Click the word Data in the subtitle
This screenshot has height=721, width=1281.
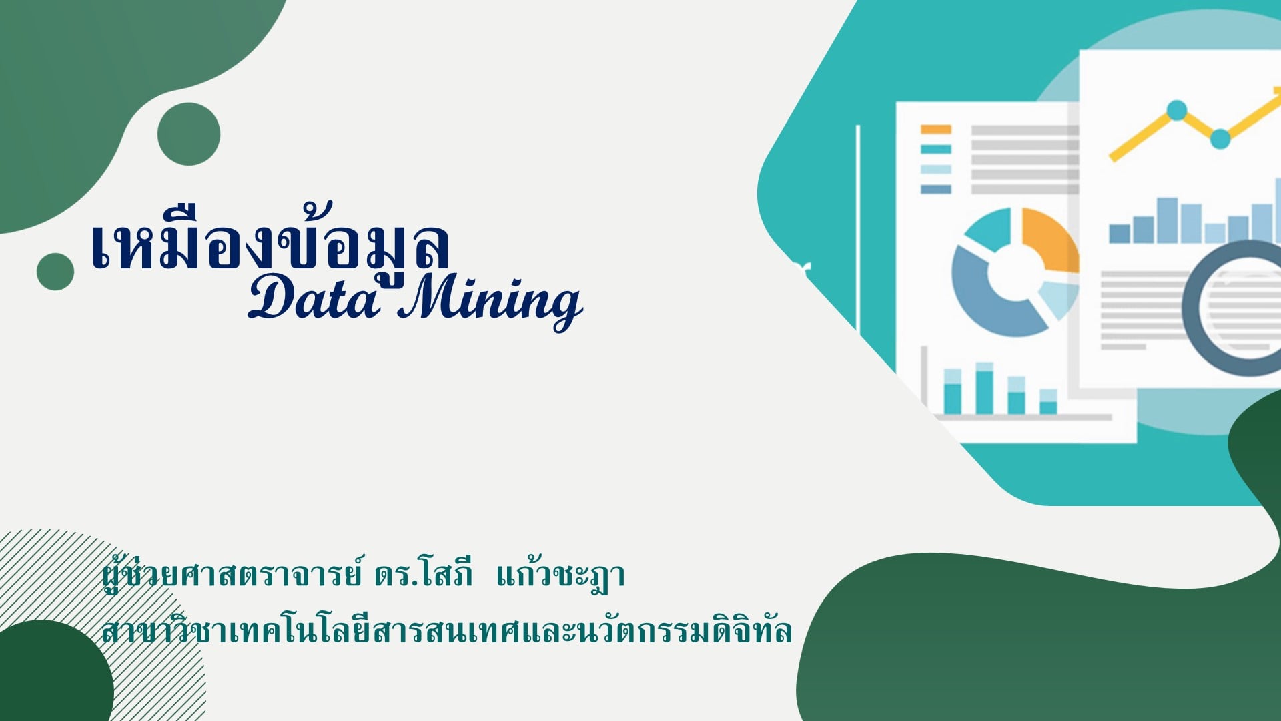coord(314,298)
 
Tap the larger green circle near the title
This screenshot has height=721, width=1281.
coord(189,134)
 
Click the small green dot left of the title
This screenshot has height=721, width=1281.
coord(55,272)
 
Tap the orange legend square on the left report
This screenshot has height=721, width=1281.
coord(936,129)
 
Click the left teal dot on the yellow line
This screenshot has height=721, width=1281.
coord(1176,110)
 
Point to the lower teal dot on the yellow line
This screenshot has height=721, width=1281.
coord(1220,139)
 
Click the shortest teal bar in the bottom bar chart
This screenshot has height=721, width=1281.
coord(1048,402)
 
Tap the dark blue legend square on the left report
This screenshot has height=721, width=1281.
coord(936,189)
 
